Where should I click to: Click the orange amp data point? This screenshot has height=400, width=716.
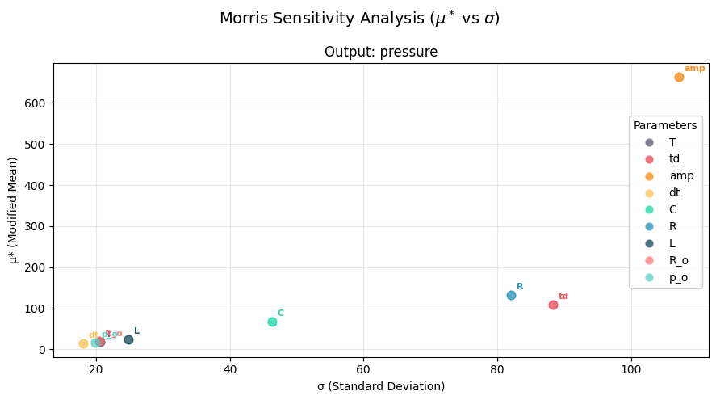click(x=679, y=77)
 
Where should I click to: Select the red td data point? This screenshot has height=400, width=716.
click(x=553, y=305)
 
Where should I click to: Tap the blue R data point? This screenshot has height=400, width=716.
click(x=511, y=295)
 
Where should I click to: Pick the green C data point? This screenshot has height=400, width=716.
click(x=272, y=322)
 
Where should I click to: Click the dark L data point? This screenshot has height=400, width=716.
click(x=128, y=339)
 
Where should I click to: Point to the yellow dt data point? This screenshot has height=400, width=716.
click(x=83, y=343)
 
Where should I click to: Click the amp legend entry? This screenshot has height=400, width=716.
click(x=680, y=175)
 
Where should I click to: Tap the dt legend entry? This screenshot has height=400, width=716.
click(x=674, y=192)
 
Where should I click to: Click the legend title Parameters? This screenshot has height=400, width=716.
click(x=665, y=126)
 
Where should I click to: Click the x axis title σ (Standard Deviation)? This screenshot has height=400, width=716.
click(x=381, y=386)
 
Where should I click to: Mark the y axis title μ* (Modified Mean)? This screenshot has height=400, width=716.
click(x=13, y=210)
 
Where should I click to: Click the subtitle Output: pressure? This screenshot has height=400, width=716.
click(x=381, y=53)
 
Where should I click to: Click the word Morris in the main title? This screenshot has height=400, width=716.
click(x=245, y=18)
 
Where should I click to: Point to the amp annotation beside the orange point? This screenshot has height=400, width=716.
click(x=694, y=69)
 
